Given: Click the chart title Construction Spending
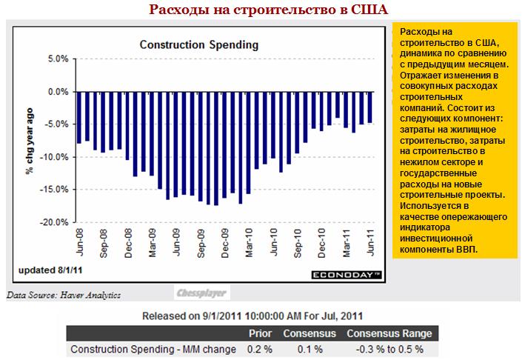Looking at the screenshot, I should click(x=199, y=44).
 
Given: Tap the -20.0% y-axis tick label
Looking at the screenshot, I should click(x=56, y=222).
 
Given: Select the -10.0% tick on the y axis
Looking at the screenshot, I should click(x=56, y=157).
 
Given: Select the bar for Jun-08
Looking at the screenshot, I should click(x=79, y=118).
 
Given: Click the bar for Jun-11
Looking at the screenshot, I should click(x=369, y=107).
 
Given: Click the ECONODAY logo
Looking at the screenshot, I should click(x=344, y=275).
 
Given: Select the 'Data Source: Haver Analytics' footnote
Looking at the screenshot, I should click(x=63, y=294).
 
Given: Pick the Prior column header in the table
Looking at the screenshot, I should click(x=260, y=333).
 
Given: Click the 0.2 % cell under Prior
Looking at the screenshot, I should click(x=259, y=349).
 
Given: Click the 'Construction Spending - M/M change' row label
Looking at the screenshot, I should click(x=153, y=349).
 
